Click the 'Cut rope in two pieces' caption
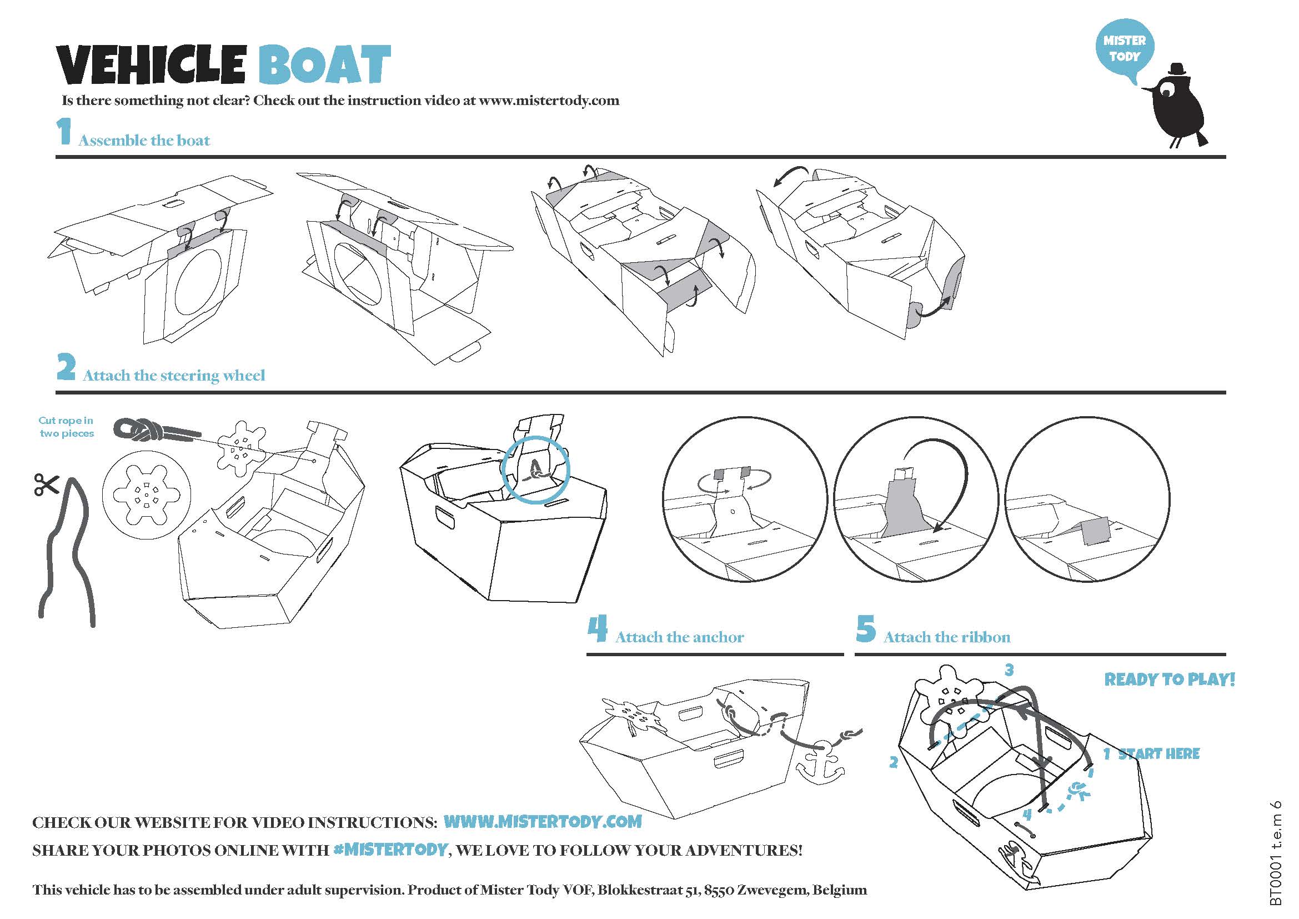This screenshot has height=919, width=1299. [x=66, y=427]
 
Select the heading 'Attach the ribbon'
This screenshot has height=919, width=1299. [x=947, y=637]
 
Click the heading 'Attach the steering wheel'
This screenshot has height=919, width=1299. [x=174, y=375]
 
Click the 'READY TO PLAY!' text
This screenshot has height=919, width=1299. [x=1170, y=679]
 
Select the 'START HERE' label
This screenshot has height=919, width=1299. [x=1158, y=754]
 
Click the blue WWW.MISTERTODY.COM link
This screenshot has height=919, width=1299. [x=543, y=822]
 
